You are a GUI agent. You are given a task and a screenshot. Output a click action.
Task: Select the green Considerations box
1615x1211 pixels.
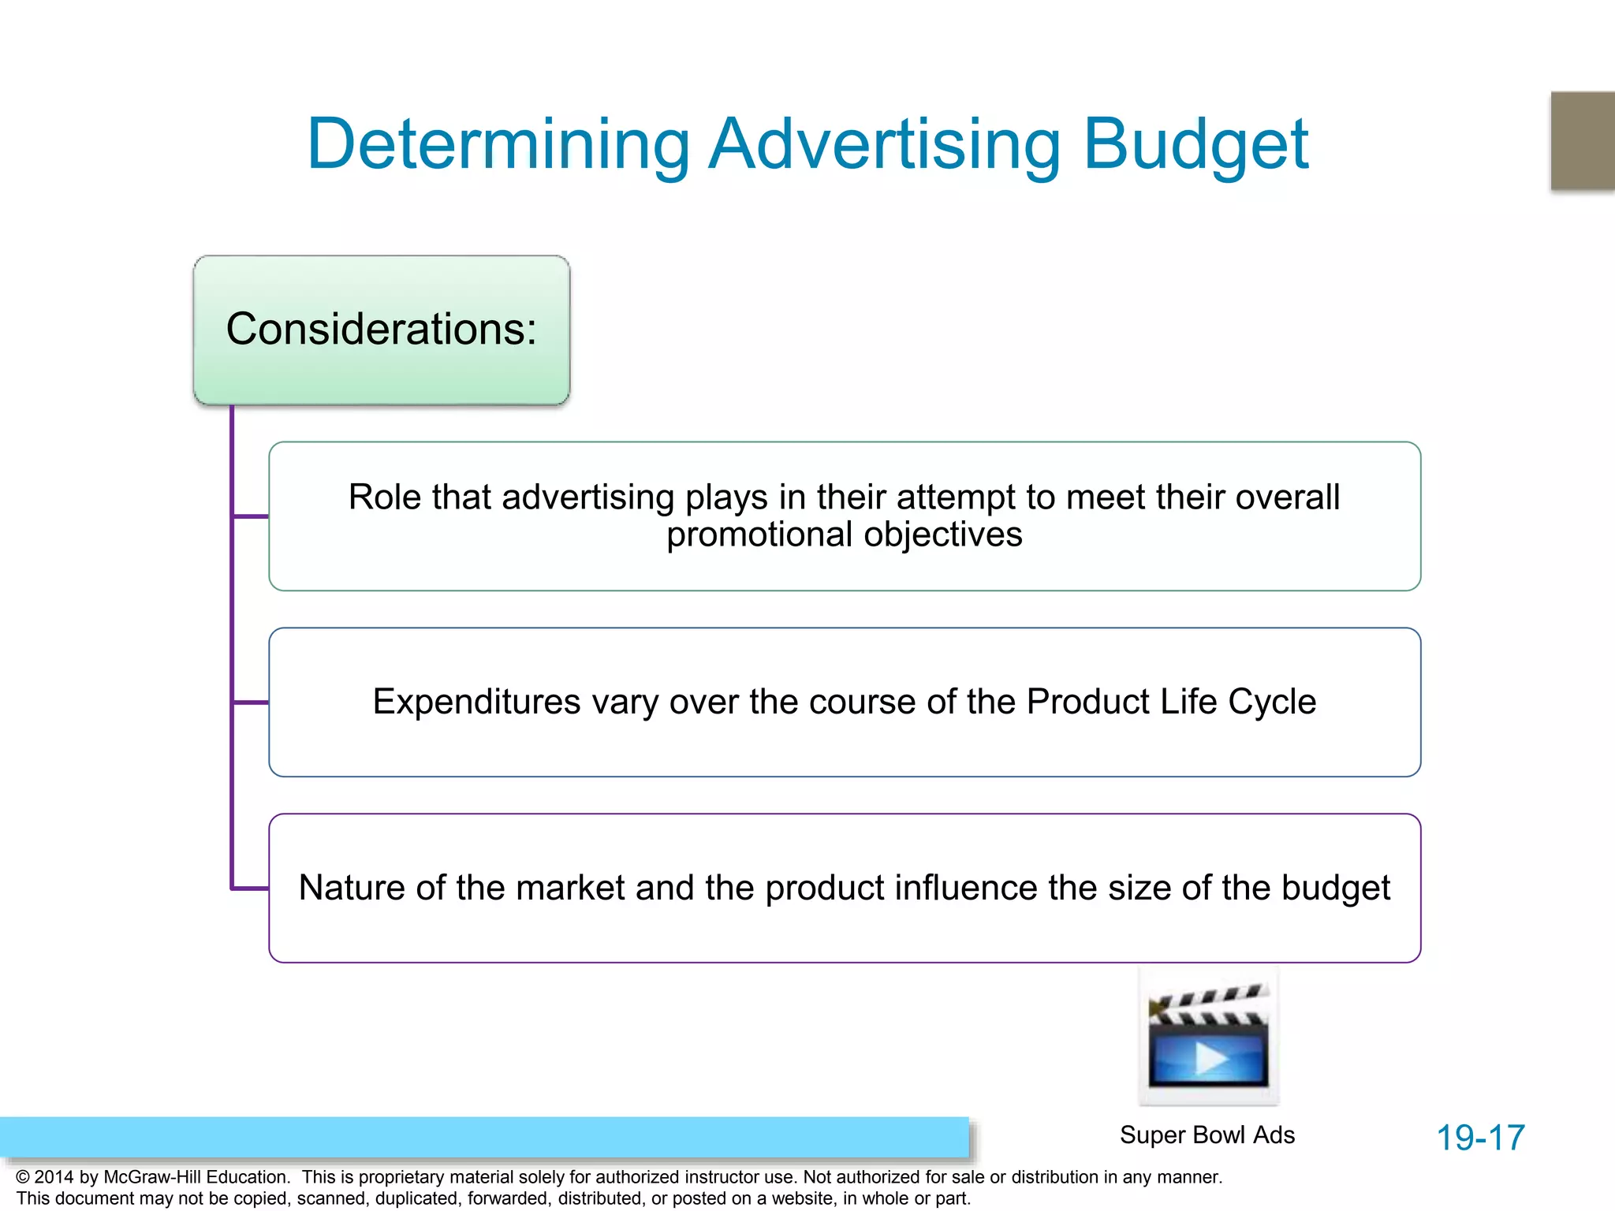point(382,330)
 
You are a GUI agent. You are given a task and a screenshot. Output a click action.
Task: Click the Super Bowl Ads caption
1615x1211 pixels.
point(1207,1135)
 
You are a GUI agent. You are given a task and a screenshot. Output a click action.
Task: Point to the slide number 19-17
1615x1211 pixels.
point(1480,1138)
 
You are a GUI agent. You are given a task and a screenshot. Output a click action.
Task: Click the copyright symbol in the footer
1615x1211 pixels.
point(23,1177)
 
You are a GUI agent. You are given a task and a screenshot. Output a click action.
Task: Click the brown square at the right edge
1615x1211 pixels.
point(1583,140)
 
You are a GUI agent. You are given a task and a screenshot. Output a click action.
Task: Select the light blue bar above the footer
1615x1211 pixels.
point(484,1137)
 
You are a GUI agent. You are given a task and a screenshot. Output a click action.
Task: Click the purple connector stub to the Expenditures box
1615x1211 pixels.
point(251,702)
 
